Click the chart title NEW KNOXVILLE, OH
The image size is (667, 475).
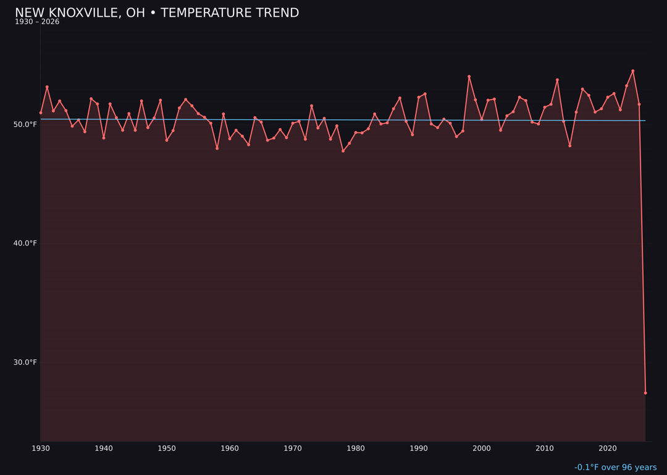(157, 13)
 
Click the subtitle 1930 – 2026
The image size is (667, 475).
(37, 22)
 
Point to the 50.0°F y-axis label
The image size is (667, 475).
(26, 124)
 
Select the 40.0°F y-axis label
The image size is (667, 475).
(26, 243)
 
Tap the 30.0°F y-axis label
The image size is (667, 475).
(26, 362)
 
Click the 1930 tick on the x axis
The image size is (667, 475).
(41, 448)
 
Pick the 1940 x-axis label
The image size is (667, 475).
(104, 448)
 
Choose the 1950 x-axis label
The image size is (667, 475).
(167, 448)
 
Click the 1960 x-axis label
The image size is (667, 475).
(230, 448)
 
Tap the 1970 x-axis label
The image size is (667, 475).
(293, 448)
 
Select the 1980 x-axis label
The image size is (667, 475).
(356, 448)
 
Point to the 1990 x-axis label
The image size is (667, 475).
(419, 448)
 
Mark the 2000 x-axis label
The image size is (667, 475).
(482, 448)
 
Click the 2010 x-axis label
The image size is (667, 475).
(545, 448)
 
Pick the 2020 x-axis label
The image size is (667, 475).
(608, 448)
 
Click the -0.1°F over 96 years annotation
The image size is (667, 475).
(615, 468)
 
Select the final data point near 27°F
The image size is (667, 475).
(645, 393)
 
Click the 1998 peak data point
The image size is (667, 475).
(469, 77)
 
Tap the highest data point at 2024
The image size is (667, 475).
(632, 71)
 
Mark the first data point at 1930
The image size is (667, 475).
(41, 113)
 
